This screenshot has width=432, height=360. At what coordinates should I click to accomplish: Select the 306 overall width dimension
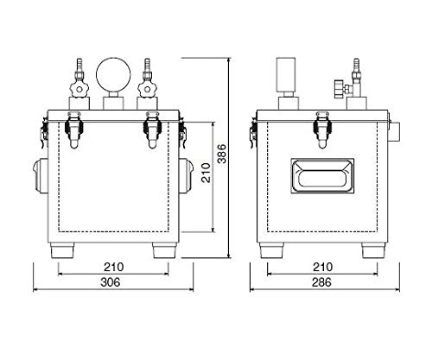click(111, 282)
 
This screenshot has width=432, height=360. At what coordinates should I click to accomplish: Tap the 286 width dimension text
click(321, 282)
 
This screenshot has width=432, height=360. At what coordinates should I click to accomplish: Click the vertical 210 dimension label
click(206, 173)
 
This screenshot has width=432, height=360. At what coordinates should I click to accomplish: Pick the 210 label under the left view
click(114, 267)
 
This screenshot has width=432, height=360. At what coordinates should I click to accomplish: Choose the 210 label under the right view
click(323, 267)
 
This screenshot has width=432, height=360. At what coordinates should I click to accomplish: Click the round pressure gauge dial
click(113, 74)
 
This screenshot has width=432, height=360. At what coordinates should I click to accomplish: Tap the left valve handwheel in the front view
click(79, 89)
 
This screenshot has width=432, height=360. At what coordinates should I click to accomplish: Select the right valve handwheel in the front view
click(147, 89)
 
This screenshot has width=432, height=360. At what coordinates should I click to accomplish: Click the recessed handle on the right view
click(322, 175)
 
